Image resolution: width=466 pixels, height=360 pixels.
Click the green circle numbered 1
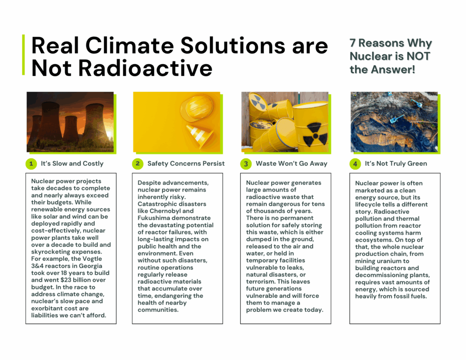pyautogui.click(x=31, y=164)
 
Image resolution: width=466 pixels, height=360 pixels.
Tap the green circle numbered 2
pyautogui.click(x=137, y=164)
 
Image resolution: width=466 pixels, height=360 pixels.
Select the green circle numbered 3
pyautogui.click(x=246, y=164)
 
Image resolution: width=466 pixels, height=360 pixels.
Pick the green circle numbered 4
pyautogui.click(x=355, y=164)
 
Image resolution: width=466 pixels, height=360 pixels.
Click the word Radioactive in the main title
pyautogui.click(x=145, y=68)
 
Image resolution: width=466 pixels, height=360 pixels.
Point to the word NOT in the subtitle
pyautogui.click(x=419, y=56)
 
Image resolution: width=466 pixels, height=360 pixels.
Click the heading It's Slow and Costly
pyautogui.click(x=72, y=163)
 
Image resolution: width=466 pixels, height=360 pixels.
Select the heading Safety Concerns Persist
pyautogui.click(x=186, y=163)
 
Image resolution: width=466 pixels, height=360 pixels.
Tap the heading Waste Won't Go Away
pyautogui.click(x=292, y=163)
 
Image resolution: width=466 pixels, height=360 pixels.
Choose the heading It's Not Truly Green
pyautogui.click(x=396, y=163)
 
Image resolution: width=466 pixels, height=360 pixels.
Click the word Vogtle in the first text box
pyautogui.click(x=92, y=259)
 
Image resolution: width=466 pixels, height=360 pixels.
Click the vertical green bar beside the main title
pyautogui.click(x=24, y=55)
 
